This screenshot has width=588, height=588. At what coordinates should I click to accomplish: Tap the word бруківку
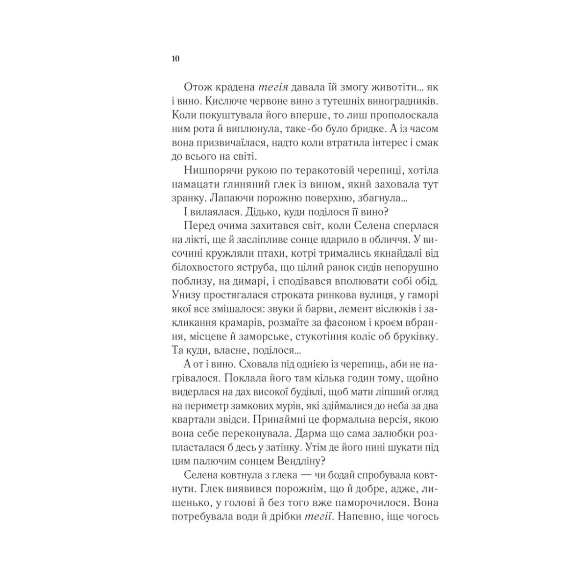click(x=419, y=336)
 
